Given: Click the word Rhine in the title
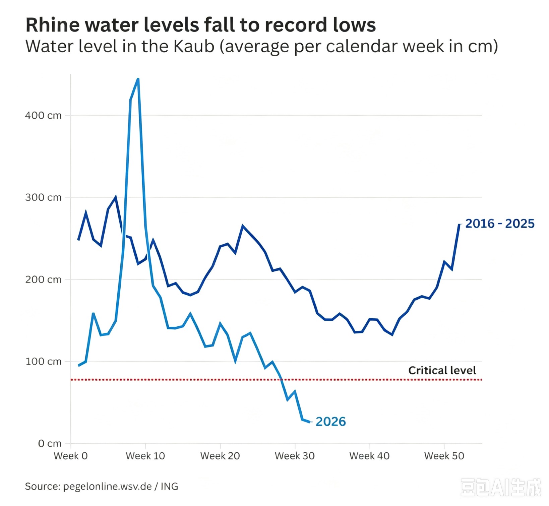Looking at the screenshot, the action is [53, 25].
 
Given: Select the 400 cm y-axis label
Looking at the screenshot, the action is [43, 116].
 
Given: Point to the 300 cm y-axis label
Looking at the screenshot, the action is [43, 197].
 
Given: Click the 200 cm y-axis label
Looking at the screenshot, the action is [43, 279].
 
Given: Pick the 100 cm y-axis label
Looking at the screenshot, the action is [43, 362].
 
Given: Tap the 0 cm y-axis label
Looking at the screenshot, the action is [50, 444].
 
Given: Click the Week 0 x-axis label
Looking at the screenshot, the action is [71, 456].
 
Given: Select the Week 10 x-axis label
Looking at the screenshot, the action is [145, 456].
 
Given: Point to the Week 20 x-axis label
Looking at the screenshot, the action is [220, 456].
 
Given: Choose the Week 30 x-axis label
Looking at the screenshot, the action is [295, 456].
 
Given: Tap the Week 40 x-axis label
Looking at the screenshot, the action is [370, 456].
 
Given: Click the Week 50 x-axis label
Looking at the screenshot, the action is [444, 456].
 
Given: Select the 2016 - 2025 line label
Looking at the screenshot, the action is [500, 224].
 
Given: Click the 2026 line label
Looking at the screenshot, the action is [331, 422].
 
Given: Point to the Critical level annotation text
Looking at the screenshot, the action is [442, 370].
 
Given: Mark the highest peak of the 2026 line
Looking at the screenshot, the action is [138, 79].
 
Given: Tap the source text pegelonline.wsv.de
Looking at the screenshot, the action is [108, 487].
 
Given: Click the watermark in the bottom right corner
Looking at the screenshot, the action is [501, 488].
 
